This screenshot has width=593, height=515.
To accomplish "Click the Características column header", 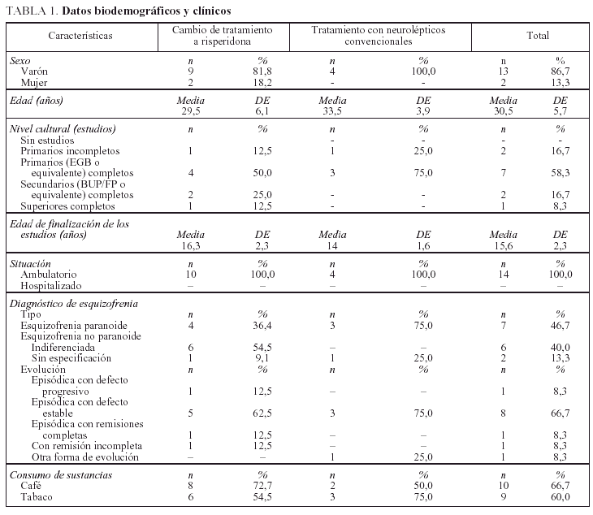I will [80, 36].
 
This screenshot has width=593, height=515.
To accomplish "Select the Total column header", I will [537, 36].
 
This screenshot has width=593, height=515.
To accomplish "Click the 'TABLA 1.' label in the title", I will [30, 11].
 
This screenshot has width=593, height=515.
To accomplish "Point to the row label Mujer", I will [33, 83].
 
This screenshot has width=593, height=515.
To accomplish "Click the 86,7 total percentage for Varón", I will [560, 71].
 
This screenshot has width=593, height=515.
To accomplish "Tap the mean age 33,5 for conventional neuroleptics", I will [331, 111].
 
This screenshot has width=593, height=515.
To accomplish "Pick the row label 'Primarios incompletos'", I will [70, 151].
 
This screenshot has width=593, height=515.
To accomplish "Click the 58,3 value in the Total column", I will [560, 173].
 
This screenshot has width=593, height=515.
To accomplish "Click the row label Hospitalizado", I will [50, 286].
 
